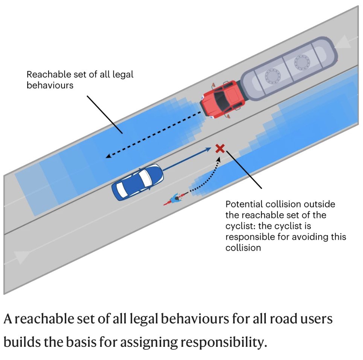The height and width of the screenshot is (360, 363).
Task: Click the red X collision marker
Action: pos(220,148)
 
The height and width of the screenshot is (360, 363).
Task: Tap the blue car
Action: pos(137,182)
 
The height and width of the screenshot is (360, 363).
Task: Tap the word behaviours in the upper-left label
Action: pos(50,85)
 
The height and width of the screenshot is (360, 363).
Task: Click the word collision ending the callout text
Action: pos(243,248)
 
